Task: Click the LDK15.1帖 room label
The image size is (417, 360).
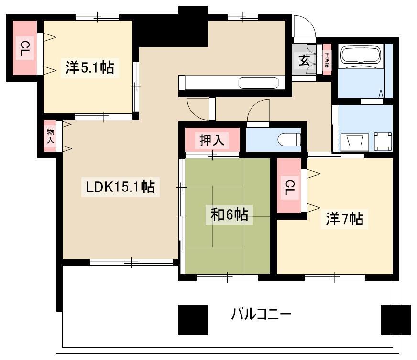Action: click(x=120, y=187)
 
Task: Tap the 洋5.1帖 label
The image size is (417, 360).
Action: click(x=90, y=67)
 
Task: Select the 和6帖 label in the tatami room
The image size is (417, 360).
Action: click(x=229, y=214)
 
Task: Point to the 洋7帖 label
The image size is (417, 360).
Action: click(x=345, y=219)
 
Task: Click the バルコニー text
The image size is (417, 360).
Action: click(x=261, y=314)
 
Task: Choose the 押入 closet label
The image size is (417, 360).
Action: click(x=212, y=140)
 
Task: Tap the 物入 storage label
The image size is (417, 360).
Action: click(x=50, y=136)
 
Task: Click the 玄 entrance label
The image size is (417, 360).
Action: click(x=304, y=61)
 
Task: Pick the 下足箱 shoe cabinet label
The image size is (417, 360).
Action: click(x=327, y=59)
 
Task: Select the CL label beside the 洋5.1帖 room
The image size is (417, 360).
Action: click(x=24, y=48)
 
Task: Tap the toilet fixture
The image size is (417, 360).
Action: click(x=289, y=139)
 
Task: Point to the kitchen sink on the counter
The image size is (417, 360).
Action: click(x=258, y=82)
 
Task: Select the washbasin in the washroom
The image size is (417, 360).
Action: click(x=354, y=141)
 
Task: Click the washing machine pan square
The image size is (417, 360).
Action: click(x=383, y=141)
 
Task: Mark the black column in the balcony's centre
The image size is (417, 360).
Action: click(x=193, y=319)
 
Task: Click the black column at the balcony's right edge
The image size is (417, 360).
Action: click(x=396, y=319)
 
